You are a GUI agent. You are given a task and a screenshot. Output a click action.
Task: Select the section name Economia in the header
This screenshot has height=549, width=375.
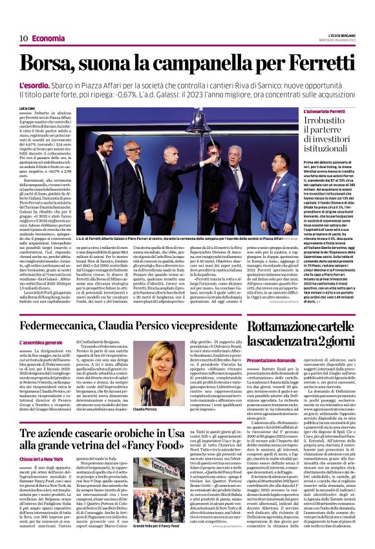[x=48, y=38]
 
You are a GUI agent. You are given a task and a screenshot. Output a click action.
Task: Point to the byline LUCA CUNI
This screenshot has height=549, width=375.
[x=27, y=109]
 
